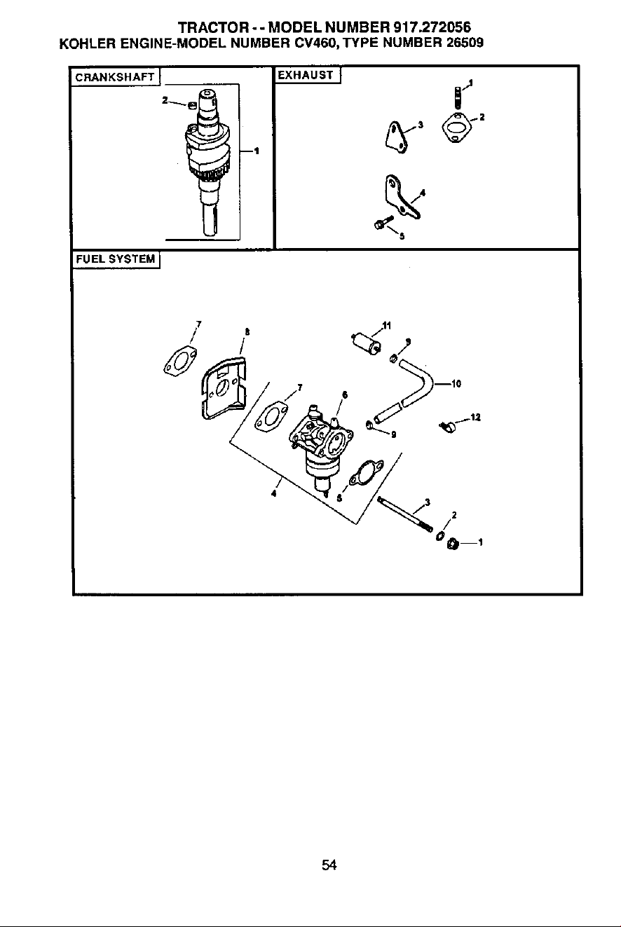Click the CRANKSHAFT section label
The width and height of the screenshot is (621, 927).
point(115,77)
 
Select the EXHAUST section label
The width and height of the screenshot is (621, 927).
point(306,75)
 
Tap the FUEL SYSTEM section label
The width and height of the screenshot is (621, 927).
point(116,259)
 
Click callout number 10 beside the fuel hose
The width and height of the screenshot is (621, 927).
point(456,384)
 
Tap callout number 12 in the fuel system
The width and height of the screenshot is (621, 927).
point(475,418)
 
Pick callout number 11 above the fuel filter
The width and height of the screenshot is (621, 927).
point(387,326)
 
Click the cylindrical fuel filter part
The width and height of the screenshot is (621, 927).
point(367,343)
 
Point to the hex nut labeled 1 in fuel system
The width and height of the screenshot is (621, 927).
point(453,543)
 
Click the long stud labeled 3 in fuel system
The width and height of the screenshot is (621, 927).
point(405,514)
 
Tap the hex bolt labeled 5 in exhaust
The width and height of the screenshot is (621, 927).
point(383,222)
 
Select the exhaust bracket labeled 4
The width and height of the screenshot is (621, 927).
point(400,197)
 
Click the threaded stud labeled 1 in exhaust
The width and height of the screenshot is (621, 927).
point(457,98)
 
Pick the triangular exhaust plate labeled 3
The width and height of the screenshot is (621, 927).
point(397,138)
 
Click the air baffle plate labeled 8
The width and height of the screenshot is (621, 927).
point(224,387)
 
